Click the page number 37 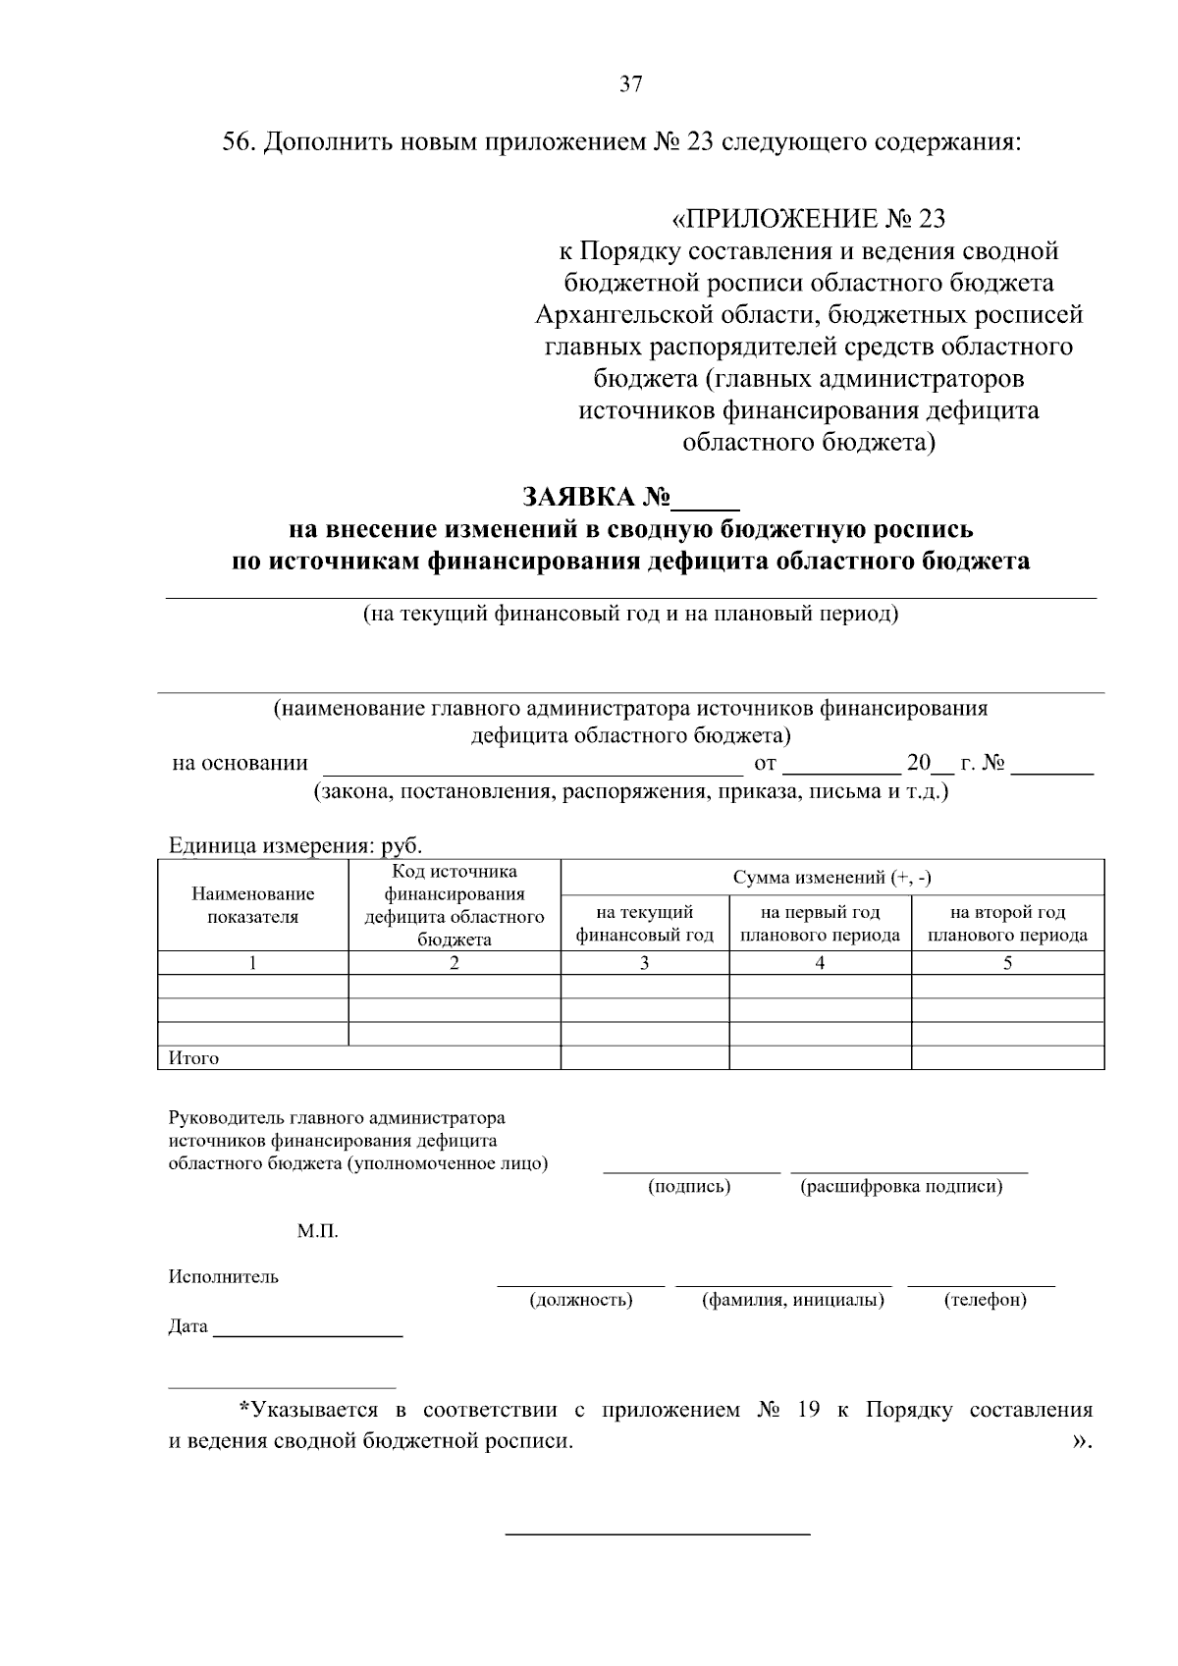click(x=631, y=84)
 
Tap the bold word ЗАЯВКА click(x=569, y=498)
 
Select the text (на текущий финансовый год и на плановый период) click(x=630, y=615)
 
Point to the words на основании click(x=240, y=763)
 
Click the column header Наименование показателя click(x=252, y=905)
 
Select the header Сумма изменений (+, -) click(x=831, y=877)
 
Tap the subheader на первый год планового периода click(x=820, y=923)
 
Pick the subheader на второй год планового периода click(x=1007, y=923)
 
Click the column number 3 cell click(x=644, y=963)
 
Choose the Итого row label click(x=194, y=1058)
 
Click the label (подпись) click(x=689, y=1186)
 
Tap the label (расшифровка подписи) click(x=901, y=1186)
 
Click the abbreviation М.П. click(x=317, y=1231)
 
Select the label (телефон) click(x=985, y=1300)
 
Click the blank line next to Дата click(x=307, y=1331)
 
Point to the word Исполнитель click(x=223, y=1276)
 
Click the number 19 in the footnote click(x=808, y=1410)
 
